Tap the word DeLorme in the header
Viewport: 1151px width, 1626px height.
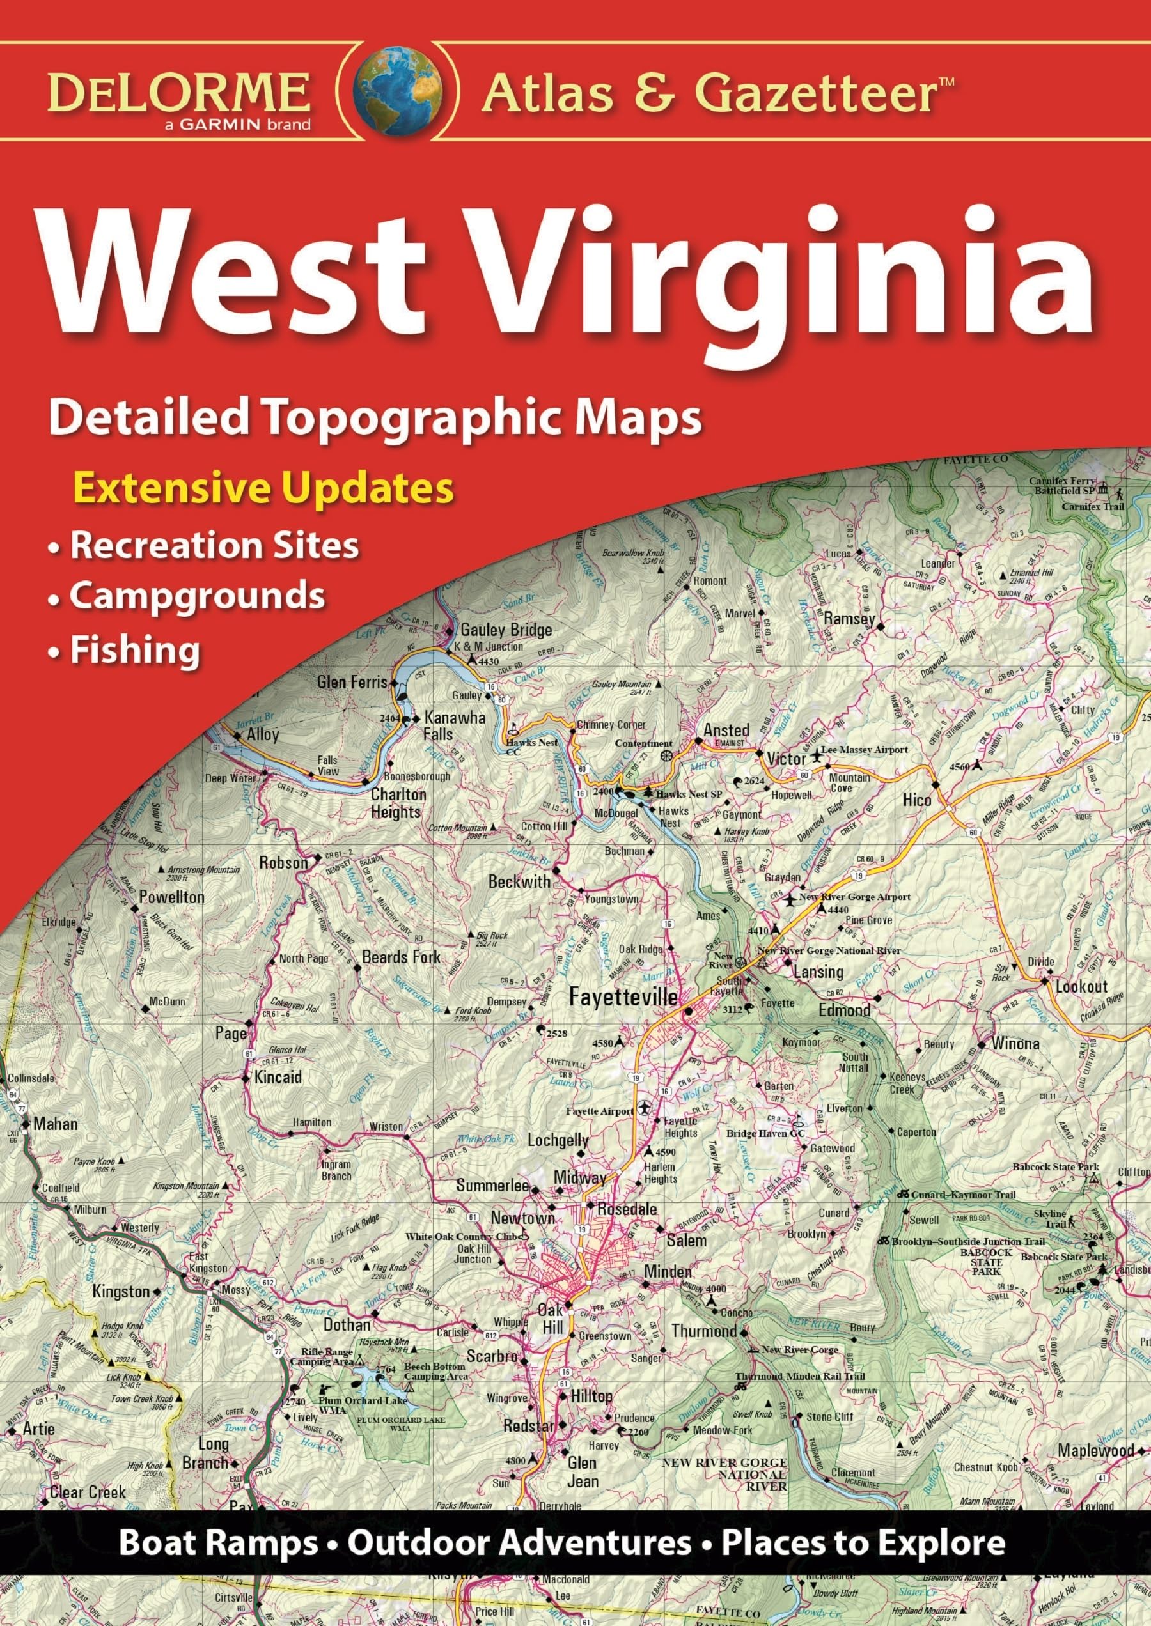(178, 92)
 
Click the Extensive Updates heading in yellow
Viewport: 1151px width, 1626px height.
(263, 488)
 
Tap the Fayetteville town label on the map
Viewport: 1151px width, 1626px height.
(624, 998)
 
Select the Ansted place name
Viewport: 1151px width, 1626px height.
(726, 730)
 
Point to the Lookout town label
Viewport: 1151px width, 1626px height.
(1081, 986)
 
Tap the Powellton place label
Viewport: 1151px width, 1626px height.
(171, 897)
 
